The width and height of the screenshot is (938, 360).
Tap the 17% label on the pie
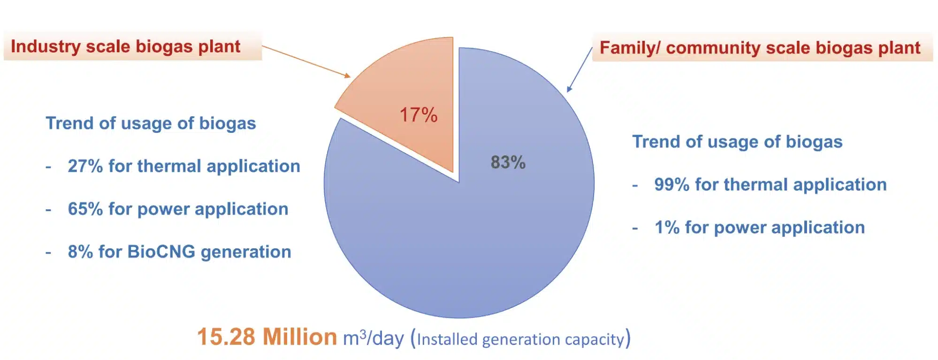coord(418,115)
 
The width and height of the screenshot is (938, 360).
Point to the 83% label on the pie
coord(508,162)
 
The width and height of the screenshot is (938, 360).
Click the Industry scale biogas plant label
coord(125,46)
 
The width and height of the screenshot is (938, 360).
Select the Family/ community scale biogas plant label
coord(760,48)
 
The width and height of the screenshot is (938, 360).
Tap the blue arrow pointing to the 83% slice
coord(580,69)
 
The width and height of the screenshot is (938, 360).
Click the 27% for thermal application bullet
coord(183,166)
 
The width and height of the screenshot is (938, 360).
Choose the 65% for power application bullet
coord(178,209)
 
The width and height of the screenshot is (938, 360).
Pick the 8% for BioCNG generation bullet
coord(179,252)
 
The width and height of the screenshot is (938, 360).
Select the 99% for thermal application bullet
coord(770,185)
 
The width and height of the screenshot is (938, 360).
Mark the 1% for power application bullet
coord(759,228)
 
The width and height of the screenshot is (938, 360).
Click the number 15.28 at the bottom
coord(226,337)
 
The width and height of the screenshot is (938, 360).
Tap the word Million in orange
coord(299,337)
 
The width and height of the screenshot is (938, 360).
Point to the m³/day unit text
coord(373,338)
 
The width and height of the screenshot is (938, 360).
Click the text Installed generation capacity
coord(520,339)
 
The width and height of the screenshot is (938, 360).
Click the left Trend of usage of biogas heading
coord(151,123)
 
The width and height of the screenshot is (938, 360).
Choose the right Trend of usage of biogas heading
coord(737,142)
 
